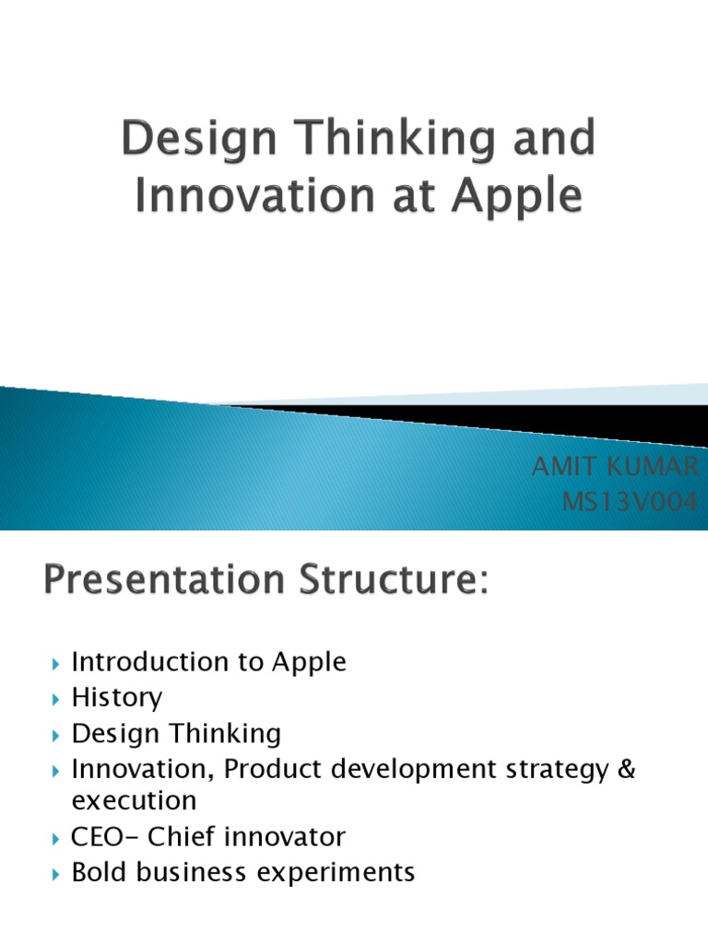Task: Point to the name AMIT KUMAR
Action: tap(615, 468)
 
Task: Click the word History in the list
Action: tap(116, 698)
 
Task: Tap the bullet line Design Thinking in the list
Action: tap(176, 734)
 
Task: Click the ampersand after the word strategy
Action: tap(626, 768)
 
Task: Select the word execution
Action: tap(134, 799)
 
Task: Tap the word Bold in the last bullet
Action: tap(97, 871)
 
